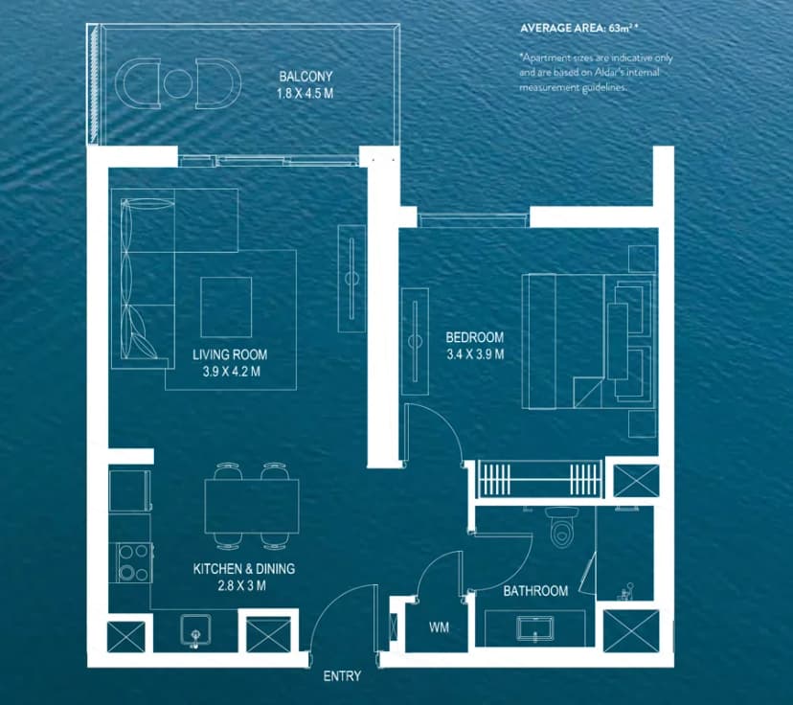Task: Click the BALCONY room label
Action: [301, 76]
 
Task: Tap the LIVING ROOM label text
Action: [230, 354]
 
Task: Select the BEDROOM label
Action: [474, 338]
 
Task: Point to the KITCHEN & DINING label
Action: [244, 569]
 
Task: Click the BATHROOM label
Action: [535, 591]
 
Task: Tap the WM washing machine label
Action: [439, 627]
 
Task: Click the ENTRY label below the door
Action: [342, 676]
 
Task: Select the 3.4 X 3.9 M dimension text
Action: [474, 354]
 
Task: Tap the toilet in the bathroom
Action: [559, 526]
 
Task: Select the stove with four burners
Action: [133, 562]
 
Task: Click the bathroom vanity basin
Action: [532, 628]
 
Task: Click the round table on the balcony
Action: [174, 81]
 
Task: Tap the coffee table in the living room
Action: [227, 306]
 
